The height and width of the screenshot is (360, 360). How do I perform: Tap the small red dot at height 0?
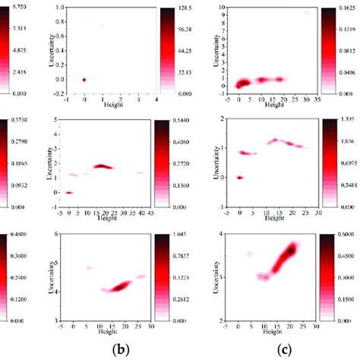click(x=84, y=80)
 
